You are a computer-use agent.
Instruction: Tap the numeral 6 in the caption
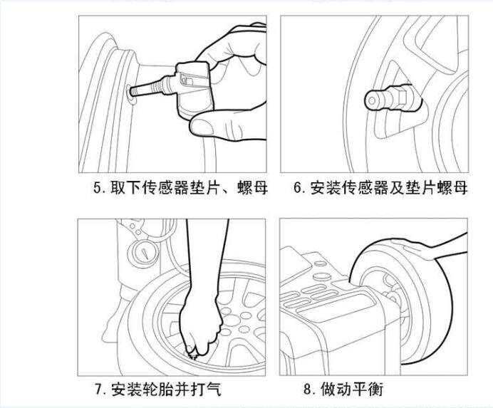pyautogui.click(x=298, y=188)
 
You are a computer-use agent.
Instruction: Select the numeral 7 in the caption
pyautogui.click(x=99, y=389)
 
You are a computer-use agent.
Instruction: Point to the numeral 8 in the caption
pyautogui.click(x=308, y=389)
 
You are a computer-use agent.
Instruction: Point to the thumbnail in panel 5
pyautogui.click(x=200, y=126)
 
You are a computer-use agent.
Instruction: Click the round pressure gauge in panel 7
pyautogui.click(x=143, y=254)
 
